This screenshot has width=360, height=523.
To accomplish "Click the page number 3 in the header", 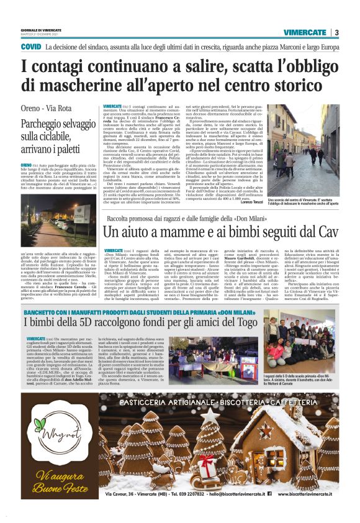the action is click(x=336, y=33).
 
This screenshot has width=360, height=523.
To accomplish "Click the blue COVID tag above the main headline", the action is click(x=31, y=47).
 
